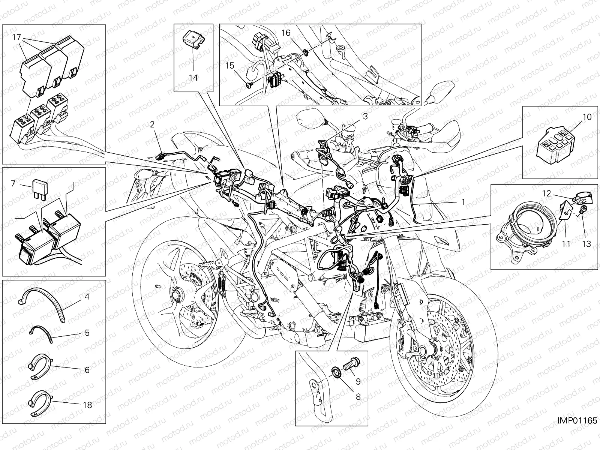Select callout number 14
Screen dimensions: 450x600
(x=193, y=78)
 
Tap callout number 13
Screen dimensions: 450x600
(x=586, y=244)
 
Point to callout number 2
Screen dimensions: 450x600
(x=153, y=124)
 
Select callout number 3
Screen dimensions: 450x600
(x=365, y=117)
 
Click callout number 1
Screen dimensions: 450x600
(x=463, y=202)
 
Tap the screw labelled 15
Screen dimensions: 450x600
(x=249, y=86)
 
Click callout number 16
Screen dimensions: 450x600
(x=286, y=33)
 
